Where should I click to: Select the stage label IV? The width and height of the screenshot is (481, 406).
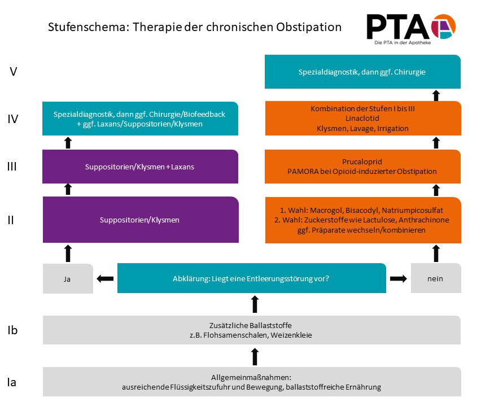point(13,119)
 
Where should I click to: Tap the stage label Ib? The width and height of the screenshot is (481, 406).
point(12,330)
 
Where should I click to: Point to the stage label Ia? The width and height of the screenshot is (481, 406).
point(12,382)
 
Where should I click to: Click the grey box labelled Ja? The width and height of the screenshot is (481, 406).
point(68,278)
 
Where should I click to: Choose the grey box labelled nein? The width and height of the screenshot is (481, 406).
point(435,278)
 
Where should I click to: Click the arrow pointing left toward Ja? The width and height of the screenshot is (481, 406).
point(106,278)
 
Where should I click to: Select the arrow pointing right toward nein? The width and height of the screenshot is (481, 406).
point(398,278)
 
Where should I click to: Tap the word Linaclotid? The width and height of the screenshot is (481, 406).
point(362,119)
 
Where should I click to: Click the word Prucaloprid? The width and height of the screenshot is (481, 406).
point(362,161)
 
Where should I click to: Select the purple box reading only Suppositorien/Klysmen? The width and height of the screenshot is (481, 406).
point(139,220)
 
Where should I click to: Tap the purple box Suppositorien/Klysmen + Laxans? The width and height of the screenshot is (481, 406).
point(139,167)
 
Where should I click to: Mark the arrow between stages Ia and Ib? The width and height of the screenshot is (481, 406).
point(254,356)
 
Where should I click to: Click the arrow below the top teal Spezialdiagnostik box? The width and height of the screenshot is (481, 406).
point(436,95)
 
